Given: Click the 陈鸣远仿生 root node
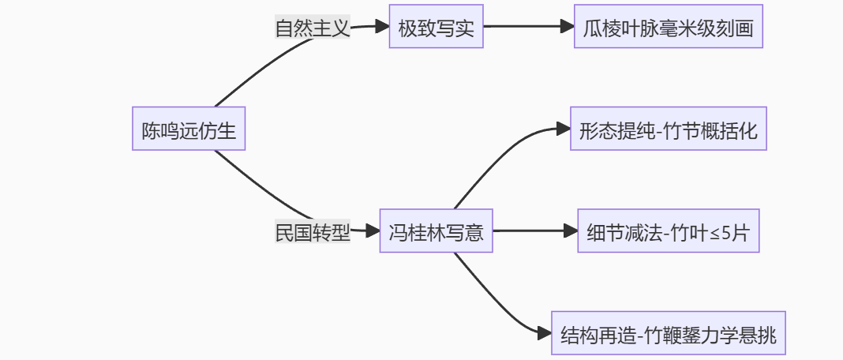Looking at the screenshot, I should pyautogui.click(x=189, y=129).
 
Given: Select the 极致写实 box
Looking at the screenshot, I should pyautogui.click(x=436, y=27).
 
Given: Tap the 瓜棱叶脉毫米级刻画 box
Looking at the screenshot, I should pyautogui.click(x=668, y=27).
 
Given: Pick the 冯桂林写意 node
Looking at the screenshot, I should pyautogui.click(x=436, y=231).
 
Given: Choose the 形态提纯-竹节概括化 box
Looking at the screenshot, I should pyautogui.click(x=668, y=129).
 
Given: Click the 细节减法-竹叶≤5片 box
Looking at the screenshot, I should pyautogui.click(x=668, y=231).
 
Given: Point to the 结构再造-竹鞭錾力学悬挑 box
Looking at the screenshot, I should pyautogui.click(x=668, y=334).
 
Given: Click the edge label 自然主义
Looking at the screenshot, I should pyautogui.click(x=312, y=28).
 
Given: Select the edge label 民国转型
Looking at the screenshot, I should pyautogui.click(x=312, y=232).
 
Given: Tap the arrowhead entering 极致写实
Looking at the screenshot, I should pyautogui.click(x=383, y=27).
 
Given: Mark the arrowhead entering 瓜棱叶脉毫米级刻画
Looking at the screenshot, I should pyautogui.click(x=568, y=27).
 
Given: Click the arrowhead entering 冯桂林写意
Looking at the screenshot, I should pyautogui.click(x=373, y=231).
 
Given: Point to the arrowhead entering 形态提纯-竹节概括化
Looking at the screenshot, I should pyautogui.click(x=563, y=129).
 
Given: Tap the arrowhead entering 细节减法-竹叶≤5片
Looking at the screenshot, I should pyautogui.click(x=571, y=231).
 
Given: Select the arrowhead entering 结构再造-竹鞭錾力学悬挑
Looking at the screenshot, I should pyautogui.click(x=544, y=334).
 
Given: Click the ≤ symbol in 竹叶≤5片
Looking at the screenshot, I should pyautogui.click(x=711, y=233).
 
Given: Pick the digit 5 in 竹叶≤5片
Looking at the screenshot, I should pyautogui.click(x=725, y=232).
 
